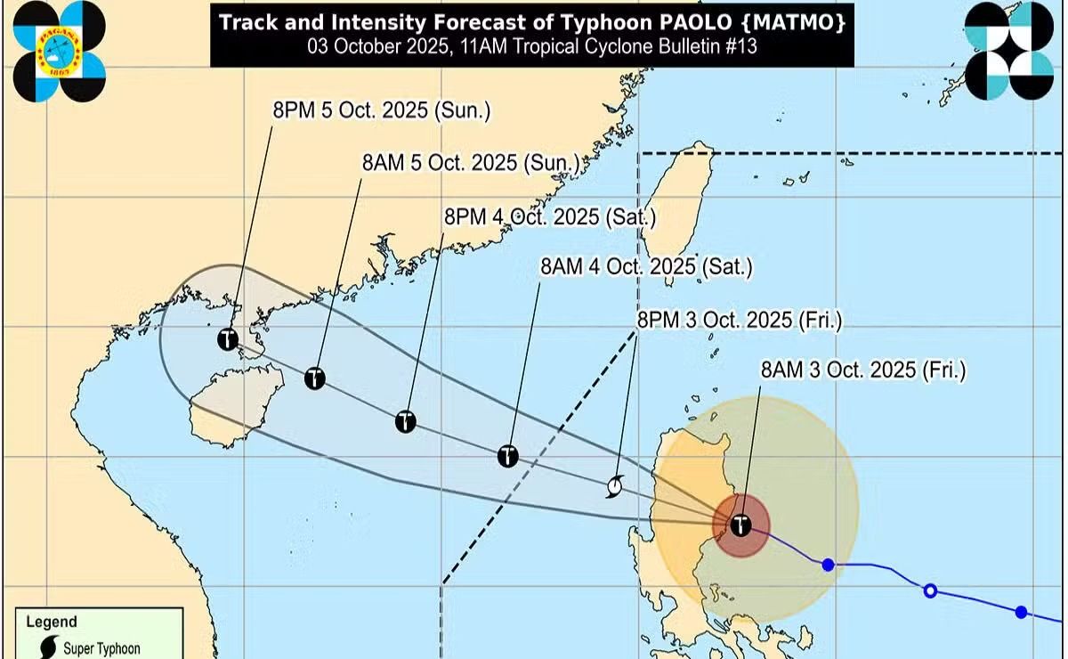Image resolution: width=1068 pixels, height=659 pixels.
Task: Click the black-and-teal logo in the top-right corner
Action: pyautogui.click(x=1008, y=50)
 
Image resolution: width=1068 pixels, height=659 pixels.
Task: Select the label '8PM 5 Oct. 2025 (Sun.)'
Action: pyautogui.click(x=382, y=111)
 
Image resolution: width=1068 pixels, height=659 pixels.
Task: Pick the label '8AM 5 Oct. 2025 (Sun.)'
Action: pyautogui.click(x=471, y=163)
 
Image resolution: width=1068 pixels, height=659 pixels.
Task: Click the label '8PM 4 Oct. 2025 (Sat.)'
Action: pyautogui.click(x=550, y=216)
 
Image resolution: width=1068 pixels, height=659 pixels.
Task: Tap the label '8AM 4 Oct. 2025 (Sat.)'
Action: pyautogui.click(x=646, y=266)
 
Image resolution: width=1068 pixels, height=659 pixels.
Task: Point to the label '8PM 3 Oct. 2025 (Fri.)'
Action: pyautogui.click(x=739, y=320)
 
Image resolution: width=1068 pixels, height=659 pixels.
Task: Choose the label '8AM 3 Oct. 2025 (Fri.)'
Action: pyautogui.click(x=862, y=370)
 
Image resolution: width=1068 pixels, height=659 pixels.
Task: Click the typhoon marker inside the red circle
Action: pyautogui.click(x=740, y=525)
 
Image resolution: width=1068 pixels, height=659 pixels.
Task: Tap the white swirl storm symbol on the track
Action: pyautogui.click(x=614, y=486)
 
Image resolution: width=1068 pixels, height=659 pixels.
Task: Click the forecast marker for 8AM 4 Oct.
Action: pyautogui.click(x=507, y=457)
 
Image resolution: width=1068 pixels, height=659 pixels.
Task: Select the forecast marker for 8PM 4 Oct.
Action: pyautogui.click(x=406, y=421)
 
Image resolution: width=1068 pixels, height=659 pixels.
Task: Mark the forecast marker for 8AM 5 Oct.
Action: pyautogui.click(x=314, y=378)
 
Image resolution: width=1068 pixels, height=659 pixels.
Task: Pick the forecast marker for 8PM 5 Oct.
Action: pyautogui.click(x=229, y=339)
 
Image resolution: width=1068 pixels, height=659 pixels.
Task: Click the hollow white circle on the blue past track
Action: pyautogui.click(x=930, y=590)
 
